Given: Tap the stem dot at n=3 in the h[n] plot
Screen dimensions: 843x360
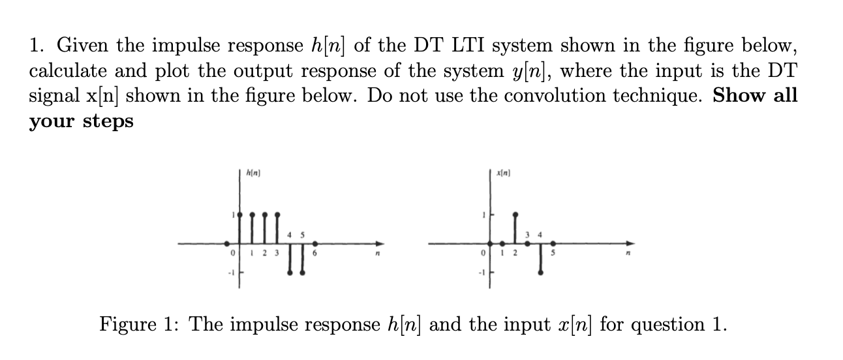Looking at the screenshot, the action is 277,214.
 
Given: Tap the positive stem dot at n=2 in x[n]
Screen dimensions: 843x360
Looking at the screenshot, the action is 515,214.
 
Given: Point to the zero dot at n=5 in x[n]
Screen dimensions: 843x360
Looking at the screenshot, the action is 552,245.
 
